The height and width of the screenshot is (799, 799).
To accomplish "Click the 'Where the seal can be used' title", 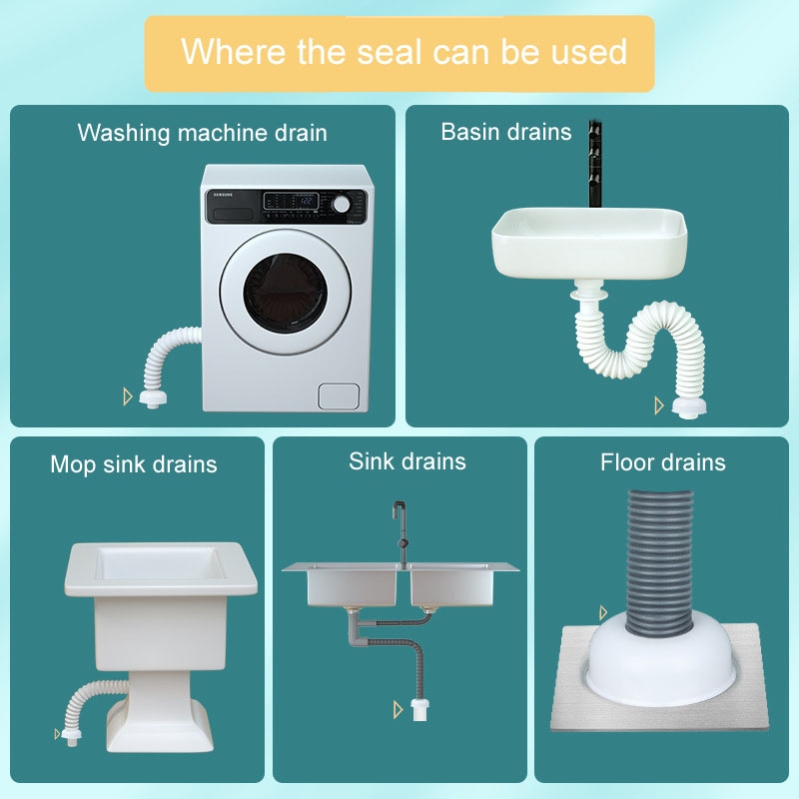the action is pyautogui.click(x=403, y=52).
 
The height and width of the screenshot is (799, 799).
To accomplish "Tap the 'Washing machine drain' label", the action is pyautogui.click(x=203, y=133).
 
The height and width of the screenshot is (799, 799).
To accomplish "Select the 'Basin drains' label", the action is pyautogui.click(x=506, y=132).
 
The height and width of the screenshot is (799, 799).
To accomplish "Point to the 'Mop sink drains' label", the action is pyautogui.click(x=134, y=464).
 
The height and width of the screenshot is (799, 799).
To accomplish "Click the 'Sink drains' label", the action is pyautogui.click(x=407, y=461).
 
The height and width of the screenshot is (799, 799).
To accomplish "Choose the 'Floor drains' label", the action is pyautogui.click(x=662, y=462).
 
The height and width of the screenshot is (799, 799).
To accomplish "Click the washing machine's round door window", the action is pyautogui.click(x=285, y=293).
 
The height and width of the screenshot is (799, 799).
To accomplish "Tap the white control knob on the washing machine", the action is pyautogui.click(x=341, y=205).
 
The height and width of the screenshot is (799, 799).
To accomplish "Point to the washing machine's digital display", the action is pyautogui.click(x=291, y=201).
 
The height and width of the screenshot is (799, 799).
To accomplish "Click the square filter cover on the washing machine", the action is pyautogui.click(x=339, y=396).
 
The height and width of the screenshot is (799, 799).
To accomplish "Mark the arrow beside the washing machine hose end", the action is pyautogui.click(x=128, y=396).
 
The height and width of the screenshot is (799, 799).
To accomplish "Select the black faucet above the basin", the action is pyautogui.click(x=594, y=164).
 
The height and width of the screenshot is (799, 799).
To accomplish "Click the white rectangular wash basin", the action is pyautogui.click(x=589, y=244).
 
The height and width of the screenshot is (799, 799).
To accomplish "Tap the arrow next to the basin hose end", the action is pyautogui.click(x=659, y=405).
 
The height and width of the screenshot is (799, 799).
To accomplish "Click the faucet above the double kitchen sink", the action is pyautogui.click(x=401, y=533).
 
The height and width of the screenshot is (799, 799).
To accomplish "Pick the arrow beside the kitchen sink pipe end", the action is pyautogui.click(x=398, y=709).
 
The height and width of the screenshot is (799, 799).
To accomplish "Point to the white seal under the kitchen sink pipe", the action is pyautogui.click(x=419, y=709).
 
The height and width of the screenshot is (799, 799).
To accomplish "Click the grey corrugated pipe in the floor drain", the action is pyautogui.click(x=660, y=563).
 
